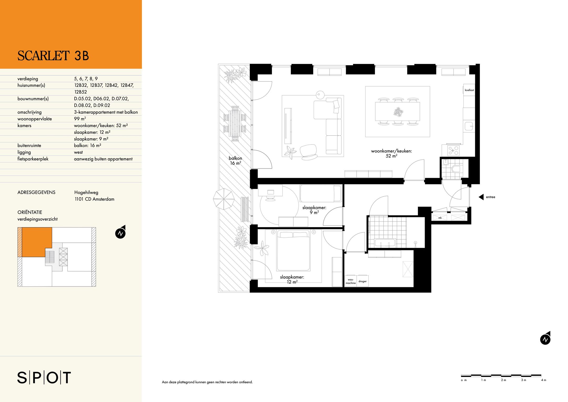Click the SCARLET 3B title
point(53,56)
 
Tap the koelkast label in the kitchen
point(469,90)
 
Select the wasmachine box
point(351,281)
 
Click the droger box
point(362,281)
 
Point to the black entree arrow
point(481,197)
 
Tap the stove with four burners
point(453,150)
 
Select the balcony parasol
point(224,199)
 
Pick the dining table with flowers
point(398,112)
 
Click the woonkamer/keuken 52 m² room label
point(391,153)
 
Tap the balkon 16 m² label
point(235,161)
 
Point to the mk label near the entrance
point(440,218)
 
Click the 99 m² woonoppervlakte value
point(80,119)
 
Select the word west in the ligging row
point(78,152)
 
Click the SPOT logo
point(44,378)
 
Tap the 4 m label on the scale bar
point(544,380)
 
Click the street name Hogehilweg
point(86,192)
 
